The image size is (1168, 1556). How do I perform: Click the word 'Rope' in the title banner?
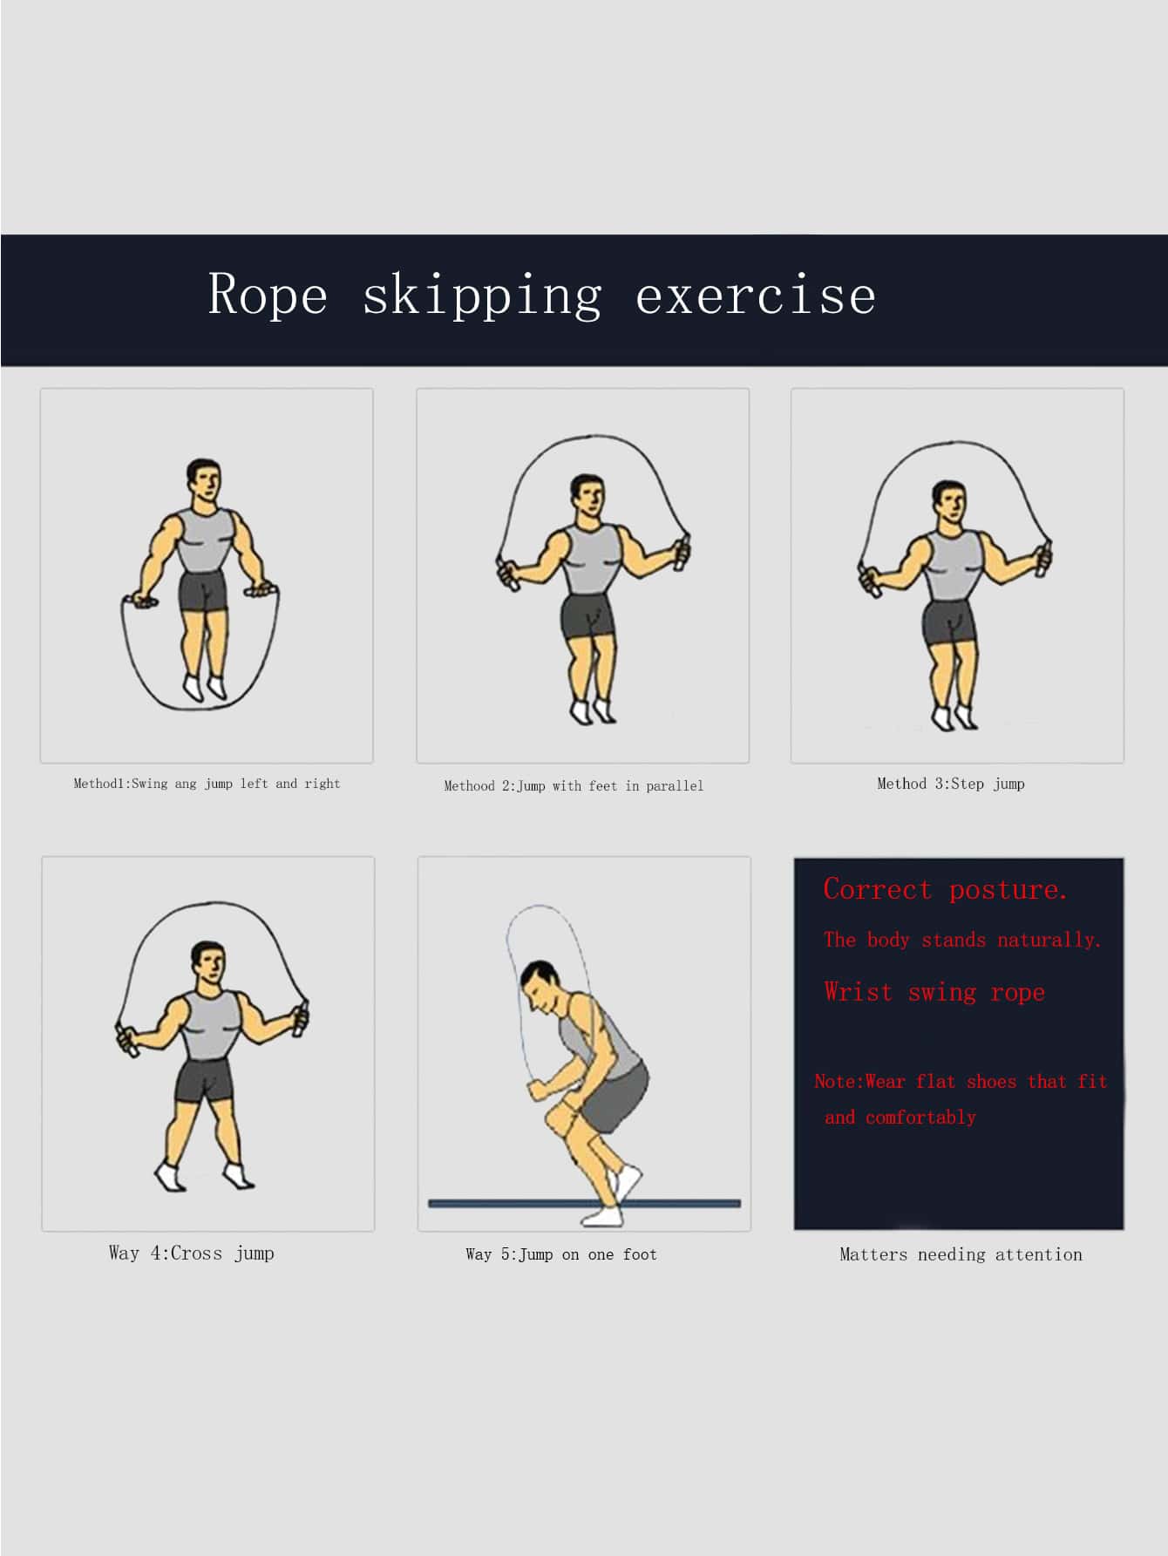tap(268, 294)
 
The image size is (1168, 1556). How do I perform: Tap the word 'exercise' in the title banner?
tap(756, 294)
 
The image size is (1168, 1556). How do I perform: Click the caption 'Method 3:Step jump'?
tap(951, 784)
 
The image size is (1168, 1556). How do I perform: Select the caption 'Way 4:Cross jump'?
tap(192, 1254)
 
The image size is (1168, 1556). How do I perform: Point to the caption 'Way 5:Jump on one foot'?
tap(561, 1254)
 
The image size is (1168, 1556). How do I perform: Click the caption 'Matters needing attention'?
tap(961, 1254)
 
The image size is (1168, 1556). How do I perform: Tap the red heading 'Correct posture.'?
tap(946, 889)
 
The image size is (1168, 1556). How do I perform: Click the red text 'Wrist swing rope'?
tap(934, 992)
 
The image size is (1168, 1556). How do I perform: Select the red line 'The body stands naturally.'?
tap(962, 940)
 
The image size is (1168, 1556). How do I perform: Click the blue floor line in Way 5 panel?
tap(584, 1204)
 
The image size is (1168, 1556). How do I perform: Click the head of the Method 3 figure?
tap(948, 504)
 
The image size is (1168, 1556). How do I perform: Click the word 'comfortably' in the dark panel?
tap(920, 1118)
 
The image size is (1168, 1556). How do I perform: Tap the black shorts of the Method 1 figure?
tap(203, 593)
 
